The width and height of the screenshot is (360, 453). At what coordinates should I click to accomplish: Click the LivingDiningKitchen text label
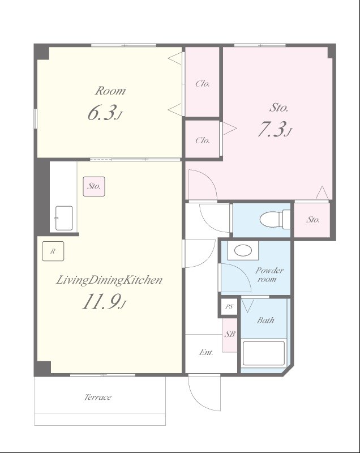[x=109, y=280]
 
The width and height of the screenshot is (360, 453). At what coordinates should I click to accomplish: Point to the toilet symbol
[x=275, y=219]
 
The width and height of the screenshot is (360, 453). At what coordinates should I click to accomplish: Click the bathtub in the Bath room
[x=264, y=353]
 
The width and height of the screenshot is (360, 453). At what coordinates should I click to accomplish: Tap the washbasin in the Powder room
[x=243, y=250]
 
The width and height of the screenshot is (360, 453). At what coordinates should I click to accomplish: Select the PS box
[x=229, y=306]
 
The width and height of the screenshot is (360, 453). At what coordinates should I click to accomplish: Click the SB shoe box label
[x=230, y=334]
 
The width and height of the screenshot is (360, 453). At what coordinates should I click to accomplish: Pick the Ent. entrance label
[x=206, y=352]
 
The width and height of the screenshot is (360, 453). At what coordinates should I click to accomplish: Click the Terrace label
[x=98, y=397]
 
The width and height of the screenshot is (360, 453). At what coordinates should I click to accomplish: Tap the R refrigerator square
[x=53, y=251]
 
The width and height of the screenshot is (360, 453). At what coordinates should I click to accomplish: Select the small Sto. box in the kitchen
[x=94, y=186]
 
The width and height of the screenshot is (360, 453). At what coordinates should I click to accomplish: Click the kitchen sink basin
[x=64, y=218]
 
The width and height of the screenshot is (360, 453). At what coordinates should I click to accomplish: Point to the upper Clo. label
[x=203, y=84]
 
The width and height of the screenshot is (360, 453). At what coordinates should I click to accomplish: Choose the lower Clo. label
[x=203, y=140]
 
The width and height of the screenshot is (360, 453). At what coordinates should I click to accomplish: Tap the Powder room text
[x=269, y=275]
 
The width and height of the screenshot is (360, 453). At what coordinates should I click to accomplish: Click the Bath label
[x=265, y=320]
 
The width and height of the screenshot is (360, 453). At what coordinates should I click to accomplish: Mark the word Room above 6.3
[x=110, y=91]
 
